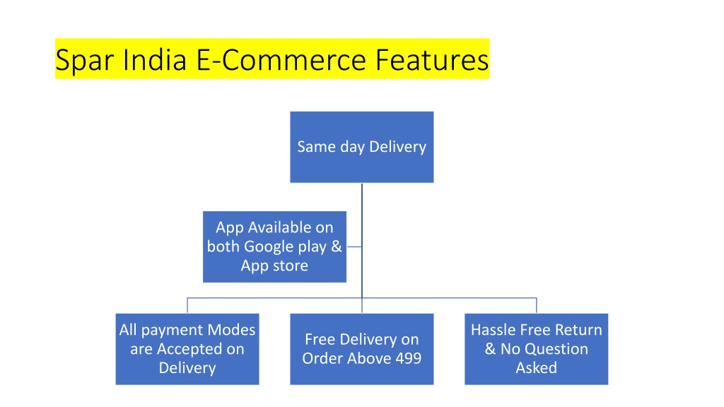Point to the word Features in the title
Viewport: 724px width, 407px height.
432,59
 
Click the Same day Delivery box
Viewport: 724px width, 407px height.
361,147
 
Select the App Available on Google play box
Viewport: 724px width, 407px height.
274,247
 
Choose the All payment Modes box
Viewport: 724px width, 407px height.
187,349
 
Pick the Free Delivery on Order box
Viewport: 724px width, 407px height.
361,349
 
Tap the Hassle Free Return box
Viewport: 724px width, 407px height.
536,349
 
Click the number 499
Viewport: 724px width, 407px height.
408,358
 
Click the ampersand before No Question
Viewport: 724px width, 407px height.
491,349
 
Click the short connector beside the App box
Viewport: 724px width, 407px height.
354,247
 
